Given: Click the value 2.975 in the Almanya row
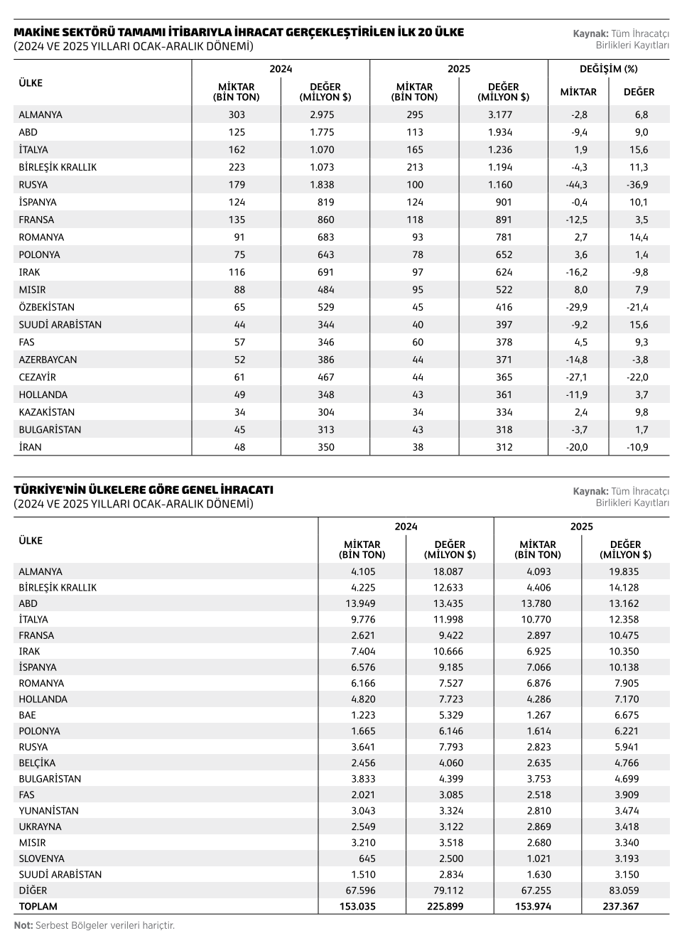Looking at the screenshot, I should pos(322,114).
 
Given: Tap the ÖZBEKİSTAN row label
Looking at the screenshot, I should pos(46,307).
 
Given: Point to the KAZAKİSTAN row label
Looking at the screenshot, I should pos(46,412).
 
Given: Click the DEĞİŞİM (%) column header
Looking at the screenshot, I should pos(609,70).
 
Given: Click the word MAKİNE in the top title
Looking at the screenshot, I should pos(36,33).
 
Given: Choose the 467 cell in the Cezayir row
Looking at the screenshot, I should pos(325,377).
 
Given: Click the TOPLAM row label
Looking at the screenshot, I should pos(38,906).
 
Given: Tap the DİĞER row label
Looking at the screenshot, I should pos(33,890).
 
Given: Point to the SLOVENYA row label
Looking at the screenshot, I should pos(41,859).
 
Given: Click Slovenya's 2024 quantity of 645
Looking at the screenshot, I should pos(367,859).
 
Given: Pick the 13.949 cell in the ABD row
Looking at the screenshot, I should pos(360,603).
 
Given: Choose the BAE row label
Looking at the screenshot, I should pos(27,715).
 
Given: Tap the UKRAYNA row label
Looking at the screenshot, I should pos(40,827).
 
